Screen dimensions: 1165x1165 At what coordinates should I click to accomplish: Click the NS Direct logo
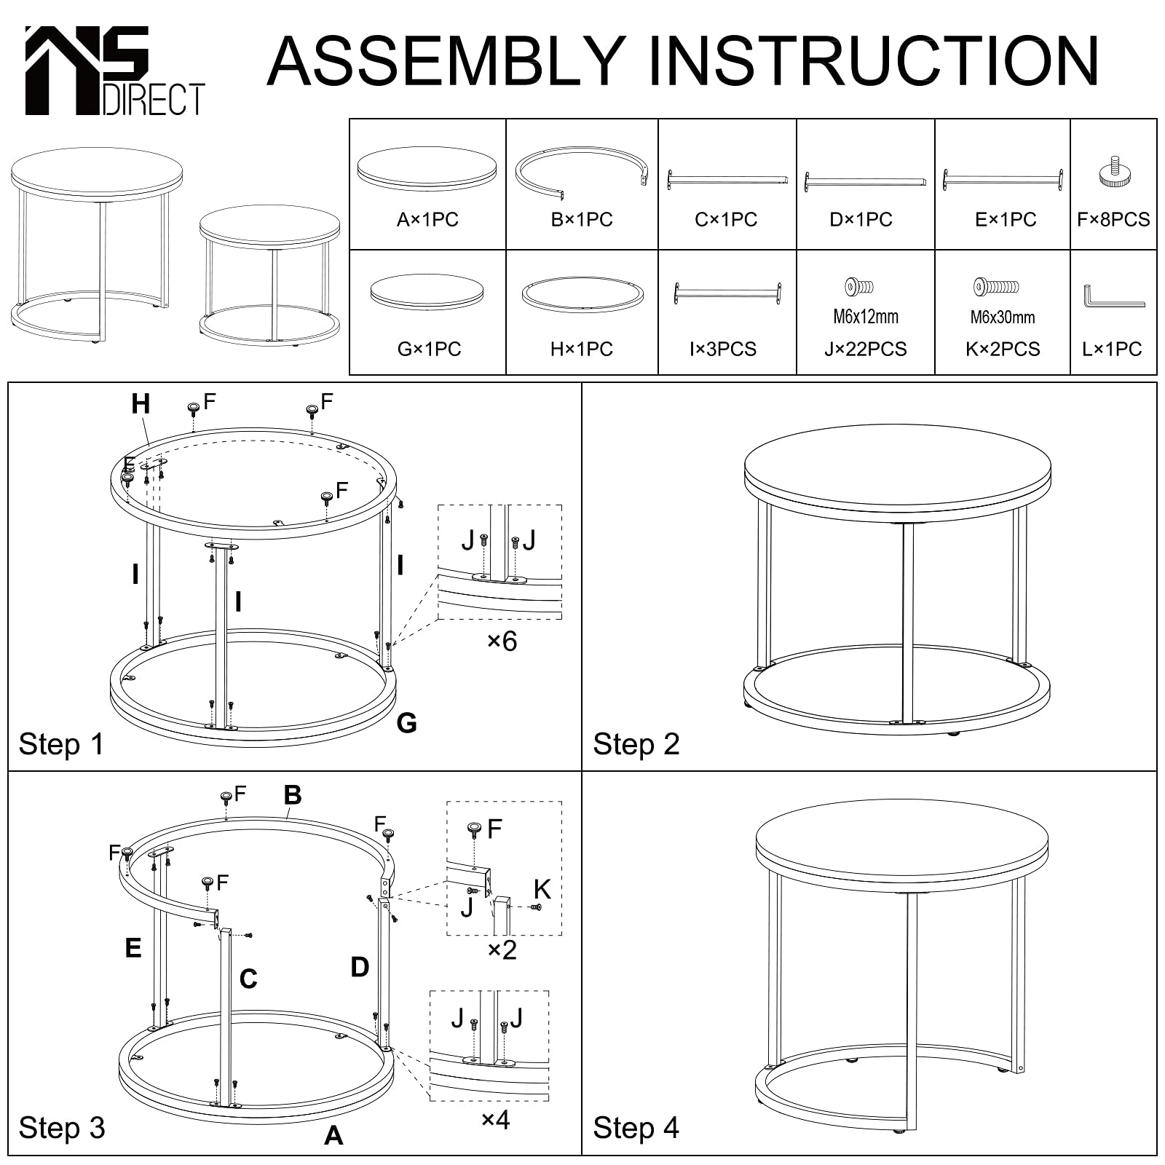coord(114,71)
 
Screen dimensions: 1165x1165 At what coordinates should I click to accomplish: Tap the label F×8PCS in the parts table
coord(1113,219)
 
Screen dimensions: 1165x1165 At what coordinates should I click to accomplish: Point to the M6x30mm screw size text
coord(1003,317)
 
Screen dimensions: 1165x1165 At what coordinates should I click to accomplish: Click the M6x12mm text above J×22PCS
coord(866,317)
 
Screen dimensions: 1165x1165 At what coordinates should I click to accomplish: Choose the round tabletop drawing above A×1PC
coord(427,169)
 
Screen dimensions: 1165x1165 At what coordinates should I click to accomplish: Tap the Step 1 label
coord(61,744)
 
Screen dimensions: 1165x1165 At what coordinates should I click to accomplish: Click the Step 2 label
coord(636,744)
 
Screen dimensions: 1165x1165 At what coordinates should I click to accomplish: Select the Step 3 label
coord(62,1128)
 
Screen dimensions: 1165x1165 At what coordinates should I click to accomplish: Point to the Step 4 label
coord(636,1128)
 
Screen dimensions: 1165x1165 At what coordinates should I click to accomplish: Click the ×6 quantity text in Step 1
coord(502,641)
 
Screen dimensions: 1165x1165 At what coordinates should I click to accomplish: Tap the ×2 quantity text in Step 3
coord(502,949)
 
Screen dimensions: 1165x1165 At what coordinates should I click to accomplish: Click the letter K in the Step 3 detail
coord(542,889)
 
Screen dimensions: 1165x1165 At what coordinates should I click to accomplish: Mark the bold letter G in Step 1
coord(406,723)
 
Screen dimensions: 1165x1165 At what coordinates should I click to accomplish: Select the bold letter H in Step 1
coord(141,403)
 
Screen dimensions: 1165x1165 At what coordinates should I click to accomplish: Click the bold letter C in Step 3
coord(248,979)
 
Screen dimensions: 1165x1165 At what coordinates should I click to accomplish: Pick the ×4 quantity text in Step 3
coord(496,1120)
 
